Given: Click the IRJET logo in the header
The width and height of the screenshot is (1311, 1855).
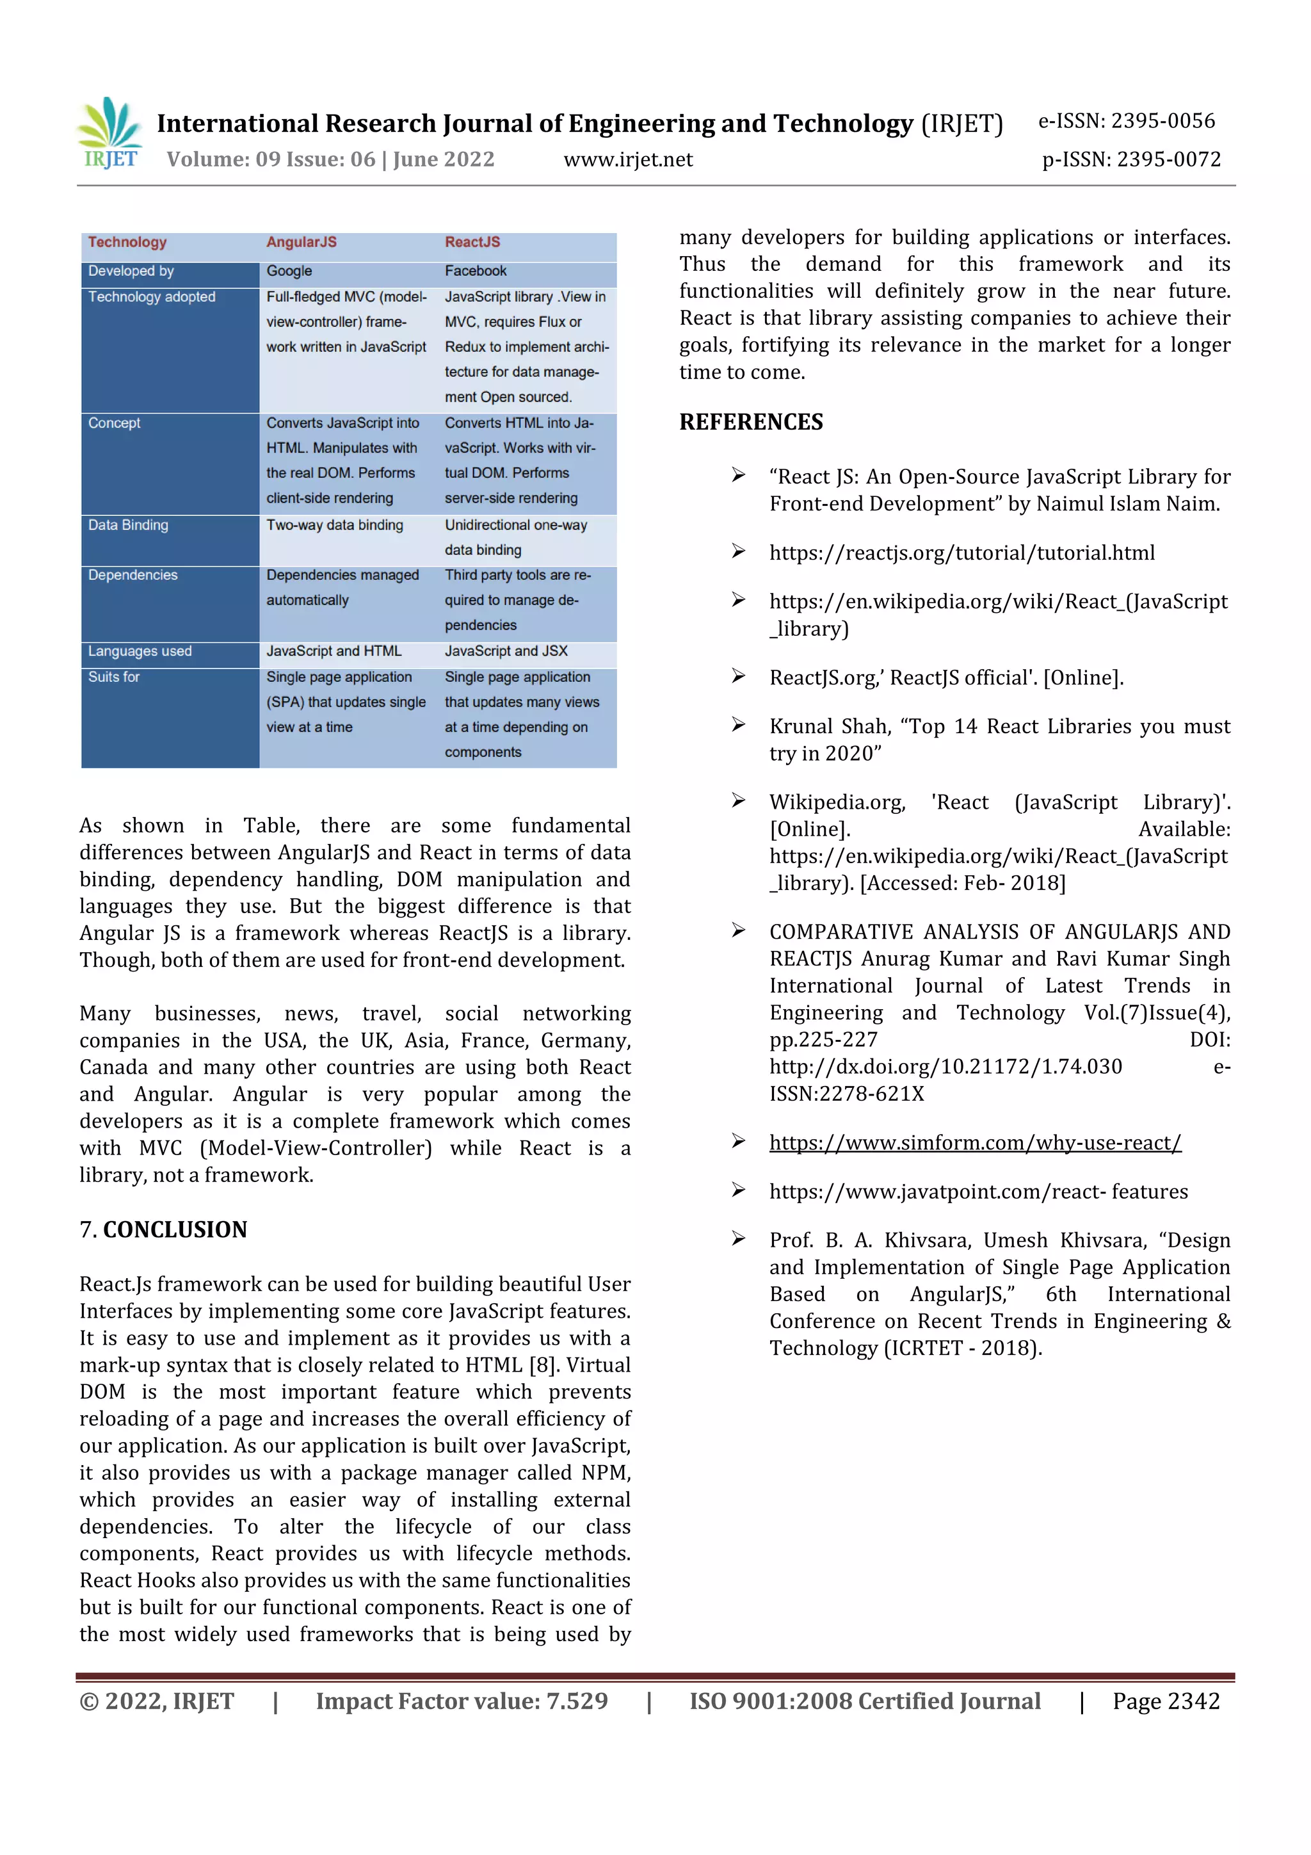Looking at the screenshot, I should pos(110,133).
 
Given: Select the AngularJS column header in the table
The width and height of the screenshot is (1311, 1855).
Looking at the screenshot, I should pos(302,243).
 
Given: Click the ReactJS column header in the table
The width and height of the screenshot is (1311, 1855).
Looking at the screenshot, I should pos(472,243).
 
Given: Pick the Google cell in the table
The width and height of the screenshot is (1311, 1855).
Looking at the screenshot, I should pos(289,271).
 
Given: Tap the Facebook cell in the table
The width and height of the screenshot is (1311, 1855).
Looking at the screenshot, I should pos(476,271).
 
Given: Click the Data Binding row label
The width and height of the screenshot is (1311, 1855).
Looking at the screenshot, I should pos(129,525).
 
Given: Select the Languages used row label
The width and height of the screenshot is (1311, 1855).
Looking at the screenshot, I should pos(140,651).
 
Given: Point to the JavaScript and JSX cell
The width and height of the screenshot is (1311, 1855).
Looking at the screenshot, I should pos(506,651).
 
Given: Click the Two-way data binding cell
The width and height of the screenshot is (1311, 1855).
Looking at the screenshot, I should pos(334,525).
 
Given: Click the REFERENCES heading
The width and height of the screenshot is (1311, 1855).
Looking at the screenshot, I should pos(750,422).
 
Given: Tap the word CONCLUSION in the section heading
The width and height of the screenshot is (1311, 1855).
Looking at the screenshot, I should pos(175,1229).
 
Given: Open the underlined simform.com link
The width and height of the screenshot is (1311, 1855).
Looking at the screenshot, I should pos(975,1142).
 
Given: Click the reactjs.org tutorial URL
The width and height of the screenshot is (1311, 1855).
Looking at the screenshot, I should pos(961,553).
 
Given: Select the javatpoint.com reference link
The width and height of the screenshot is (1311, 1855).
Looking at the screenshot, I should pos(978,1192).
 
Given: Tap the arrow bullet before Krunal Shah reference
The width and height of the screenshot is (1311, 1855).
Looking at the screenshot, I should pos(737,725).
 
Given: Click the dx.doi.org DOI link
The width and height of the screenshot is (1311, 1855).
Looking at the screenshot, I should pos(945,1067).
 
